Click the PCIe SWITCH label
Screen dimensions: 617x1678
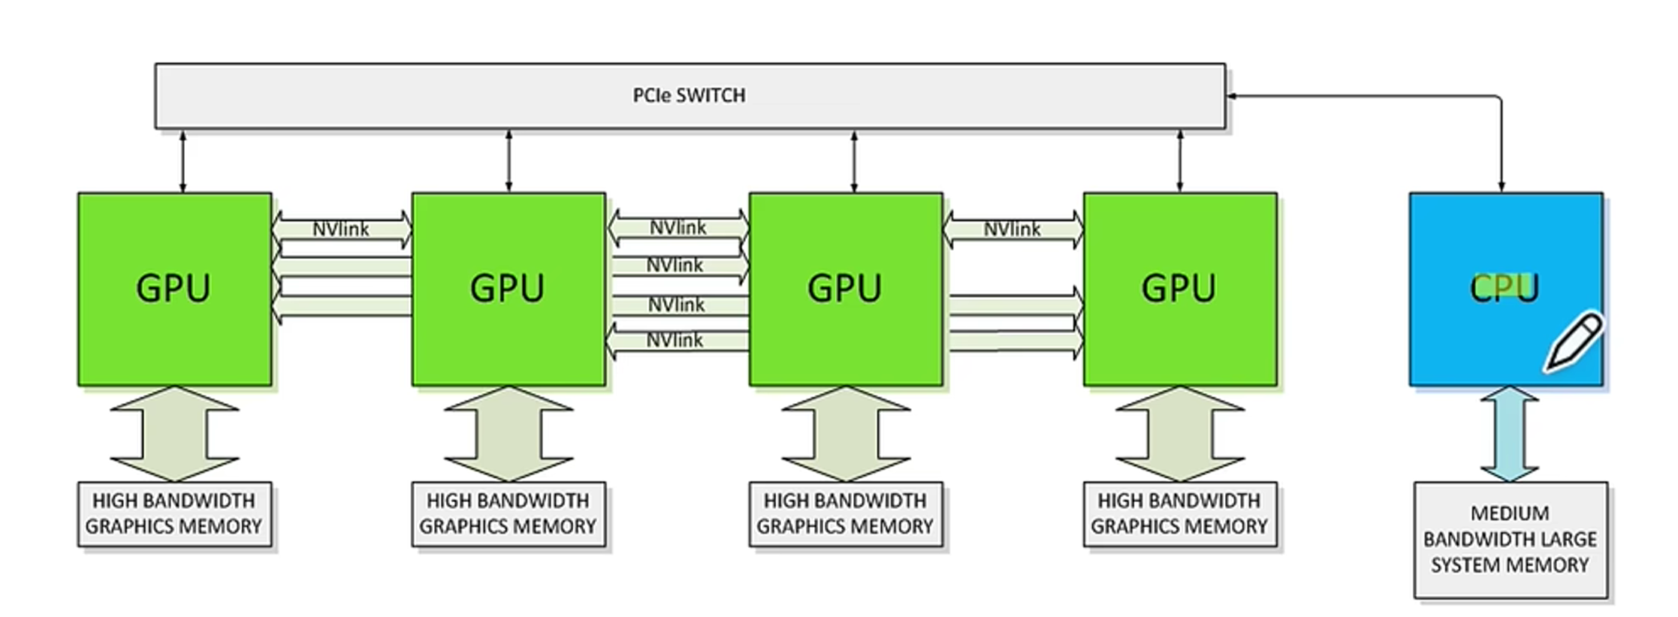(x=689, y=95)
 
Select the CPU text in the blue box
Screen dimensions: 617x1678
(x=1504, y=287)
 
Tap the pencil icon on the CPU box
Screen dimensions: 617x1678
(x=1573, y=342)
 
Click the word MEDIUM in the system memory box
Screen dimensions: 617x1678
(x=1509, y=513)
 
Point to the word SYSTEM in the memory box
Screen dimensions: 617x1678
(x=1465, y=565)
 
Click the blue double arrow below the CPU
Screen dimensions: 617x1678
(x=1510, y=434)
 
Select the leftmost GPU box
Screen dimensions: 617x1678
(x=174, y=289)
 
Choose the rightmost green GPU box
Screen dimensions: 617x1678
(x=1179, y=289)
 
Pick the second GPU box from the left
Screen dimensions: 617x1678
(x=509, y=289)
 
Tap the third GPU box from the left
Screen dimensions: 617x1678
(x=846, y=289)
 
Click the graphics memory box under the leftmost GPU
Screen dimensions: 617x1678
(x=174, y=514)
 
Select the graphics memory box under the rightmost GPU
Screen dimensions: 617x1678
(x=1179, y=514)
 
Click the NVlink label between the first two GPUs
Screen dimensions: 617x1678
(x=340, y=229)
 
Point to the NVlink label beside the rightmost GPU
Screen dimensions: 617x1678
(x=1012, y=229)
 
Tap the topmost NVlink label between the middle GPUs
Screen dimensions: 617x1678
(x=678, y=227)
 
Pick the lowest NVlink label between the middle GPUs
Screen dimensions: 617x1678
(x=675, y=340)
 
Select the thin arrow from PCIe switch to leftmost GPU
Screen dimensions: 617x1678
(x=183, y=161)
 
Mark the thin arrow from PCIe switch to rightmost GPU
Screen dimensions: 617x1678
(x=1179, y=161)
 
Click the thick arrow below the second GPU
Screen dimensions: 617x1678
(x=509, y=434)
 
